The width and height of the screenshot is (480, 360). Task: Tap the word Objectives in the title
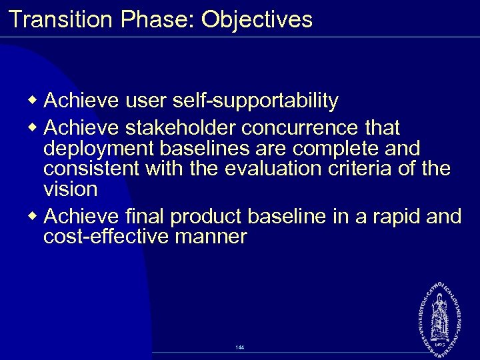click(257, 19)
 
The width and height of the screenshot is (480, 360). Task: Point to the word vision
click(70, 189)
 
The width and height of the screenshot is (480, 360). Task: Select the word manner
click(214, 237)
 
